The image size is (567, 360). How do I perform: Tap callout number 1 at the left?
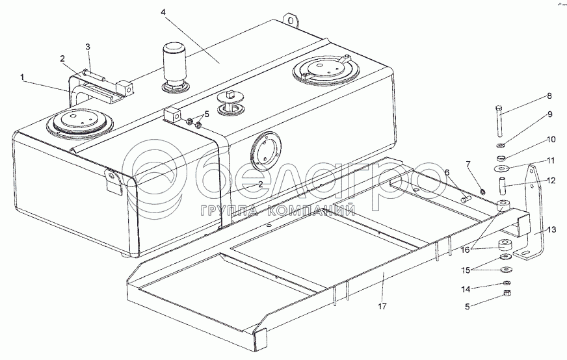(23, 77)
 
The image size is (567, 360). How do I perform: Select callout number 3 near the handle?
(88, 46)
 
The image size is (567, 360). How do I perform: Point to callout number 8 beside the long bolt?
(549, 96)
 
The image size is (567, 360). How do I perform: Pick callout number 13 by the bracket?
(552, 229)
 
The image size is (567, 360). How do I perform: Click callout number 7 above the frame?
(467, 163)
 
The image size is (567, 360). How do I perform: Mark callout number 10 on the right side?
(550, 140)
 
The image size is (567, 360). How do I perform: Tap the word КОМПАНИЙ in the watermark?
(319, 210)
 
